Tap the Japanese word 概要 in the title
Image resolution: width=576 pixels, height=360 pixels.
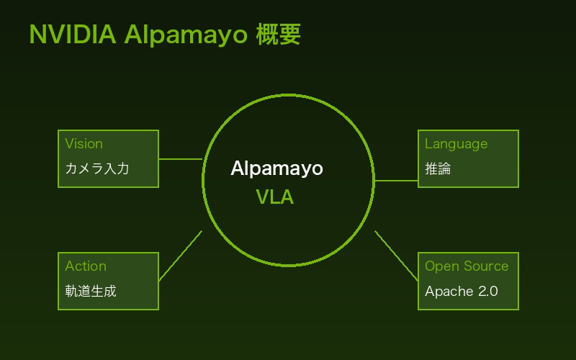(279, 34)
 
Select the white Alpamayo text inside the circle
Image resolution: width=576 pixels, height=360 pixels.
(276, 168)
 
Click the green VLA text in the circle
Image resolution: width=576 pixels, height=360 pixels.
(275, 197)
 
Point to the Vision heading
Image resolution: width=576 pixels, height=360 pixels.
(84, 143)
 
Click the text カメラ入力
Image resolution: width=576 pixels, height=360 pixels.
(97, 169)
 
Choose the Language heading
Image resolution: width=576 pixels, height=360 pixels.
(456, 144)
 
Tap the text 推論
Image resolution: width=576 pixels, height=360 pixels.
(438, 169)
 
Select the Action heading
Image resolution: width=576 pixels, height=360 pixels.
(86, 266)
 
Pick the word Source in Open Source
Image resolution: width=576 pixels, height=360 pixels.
(485, 266)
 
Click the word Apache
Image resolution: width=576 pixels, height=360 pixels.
(449, 292)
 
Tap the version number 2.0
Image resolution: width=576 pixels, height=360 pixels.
(488, 292)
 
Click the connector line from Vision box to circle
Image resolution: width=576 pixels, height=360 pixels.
(180, 159)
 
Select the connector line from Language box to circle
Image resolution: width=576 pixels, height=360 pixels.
(396, 181)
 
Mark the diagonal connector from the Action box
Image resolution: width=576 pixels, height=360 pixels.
(180, 256)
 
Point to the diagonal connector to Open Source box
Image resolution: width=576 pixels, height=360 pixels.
(396, 256)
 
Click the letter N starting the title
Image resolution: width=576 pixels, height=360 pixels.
(36, 34)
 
